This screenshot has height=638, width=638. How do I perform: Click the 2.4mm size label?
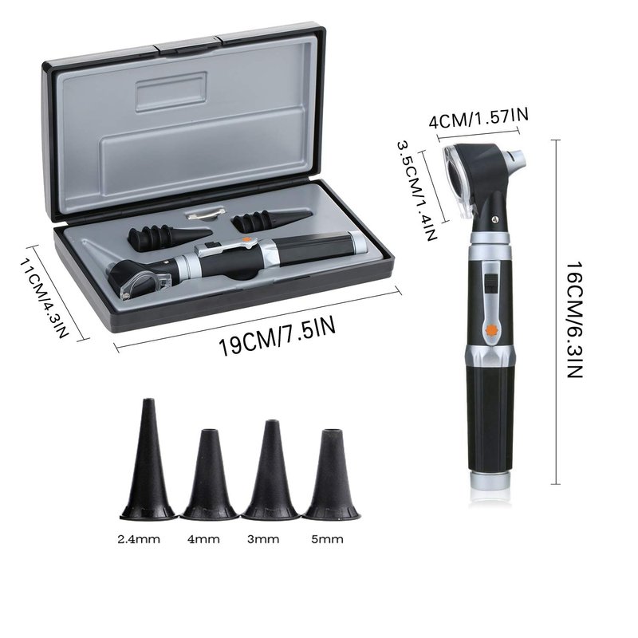(139, 540)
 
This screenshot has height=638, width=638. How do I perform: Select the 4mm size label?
(203, 540)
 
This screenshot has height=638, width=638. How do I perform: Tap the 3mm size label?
(263, 540)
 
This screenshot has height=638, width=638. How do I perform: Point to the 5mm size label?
(327, 540)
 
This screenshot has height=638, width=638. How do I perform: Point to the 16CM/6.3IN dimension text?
(575, 320)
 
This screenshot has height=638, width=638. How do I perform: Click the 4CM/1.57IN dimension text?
(478, 118)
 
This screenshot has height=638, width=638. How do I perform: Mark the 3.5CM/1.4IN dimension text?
(417, 190)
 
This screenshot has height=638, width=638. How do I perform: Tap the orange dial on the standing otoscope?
(490, 329)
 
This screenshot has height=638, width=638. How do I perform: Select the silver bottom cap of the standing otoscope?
(490, 481)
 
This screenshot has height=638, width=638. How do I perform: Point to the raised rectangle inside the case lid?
(171, 92)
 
